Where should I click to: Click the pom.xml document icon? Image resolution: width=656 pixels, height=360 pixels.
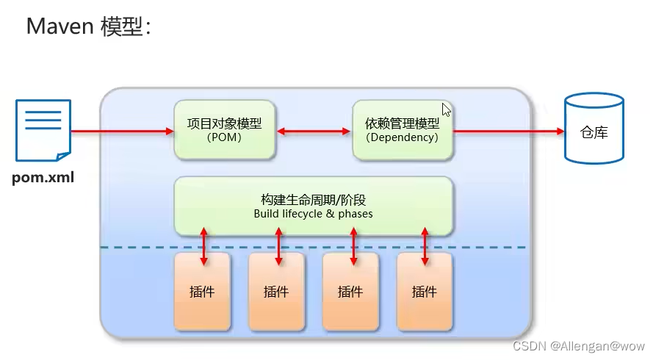point(43,131)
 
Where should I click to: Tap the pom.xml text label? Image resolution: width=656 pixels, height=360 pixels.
point(43,179)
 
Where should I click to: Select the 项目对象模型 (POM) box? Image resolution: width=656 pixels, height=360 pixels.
point(224,130)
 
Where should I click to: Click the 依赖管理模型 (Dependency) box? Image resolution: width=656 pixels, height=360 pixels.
point(402,130)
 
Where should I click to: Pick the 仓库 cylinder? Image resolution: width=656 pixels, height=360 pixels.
point(594,130)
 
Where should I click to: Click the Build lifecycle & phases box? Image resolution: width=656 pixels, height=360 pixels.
point(313,206)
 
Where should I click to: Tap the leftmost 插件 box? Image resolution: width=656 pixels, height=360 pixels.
point(201,291)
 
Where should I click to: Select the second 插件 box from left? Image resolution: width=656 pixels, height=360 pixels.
point(276,291)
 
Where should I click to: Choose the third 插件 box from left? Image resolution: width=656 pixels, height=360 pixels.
point(350,291)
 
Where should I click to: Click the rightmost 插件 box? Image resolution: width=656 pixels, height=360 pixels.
point(425,291)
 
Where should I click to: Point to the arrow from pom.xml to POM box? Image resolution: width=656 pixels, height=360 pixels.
point(121,132)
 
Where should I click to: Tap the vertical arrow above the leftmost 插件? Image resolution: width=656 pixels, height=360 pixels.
point(204,245)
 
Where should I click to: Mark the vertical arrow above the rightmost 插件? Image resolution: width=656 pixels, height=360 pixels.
point(425,245)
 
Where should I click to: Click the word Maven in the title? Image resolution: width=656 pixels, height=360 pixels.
point(58,27)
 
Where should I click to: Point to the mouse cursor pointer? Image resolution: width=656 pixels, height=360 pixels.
point(446,109)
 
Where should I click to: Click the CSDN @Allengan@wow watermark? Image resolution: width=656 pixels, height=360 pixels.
point(578,346)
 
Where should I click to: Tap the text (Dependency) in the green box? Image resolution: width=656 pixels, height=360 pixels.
point(402,137)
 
